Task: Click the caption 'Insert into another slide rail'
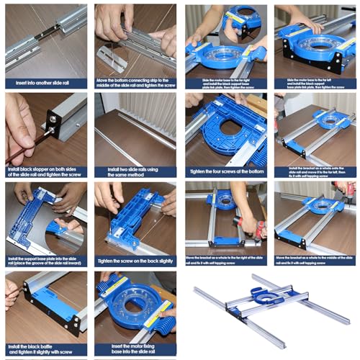pos(45,82)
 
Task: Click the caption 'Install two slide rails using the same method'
pos(135,171)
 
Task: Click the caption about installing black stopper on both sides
pos(45,171)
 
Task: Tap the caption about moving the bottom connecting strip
pos(135,82)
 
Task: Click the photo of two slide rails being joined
pos(45,40)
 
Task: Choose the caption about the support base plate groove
pos(45,261)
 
